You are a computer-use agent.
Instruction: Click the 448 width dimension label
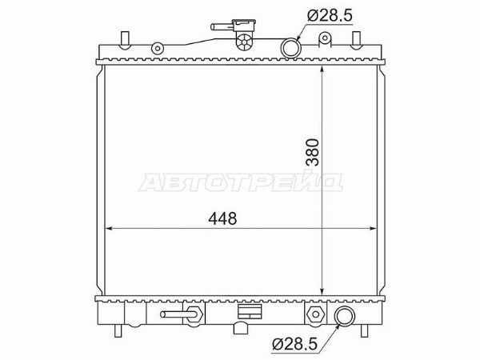pyautogui.click(x=222, y=218)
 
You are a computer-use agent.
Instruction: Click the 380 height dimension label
pyautogui.click(x=312, y=152)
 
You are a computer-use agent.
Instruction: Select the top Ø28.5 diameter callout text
pyautogui.click(x=330, y=15)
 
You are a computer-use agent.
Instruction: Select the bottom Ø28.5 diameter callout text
pyautogui.click(x=295, y=344)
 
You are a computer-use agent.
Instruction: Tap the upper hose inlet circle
pyautogui.click(x=291, y=48)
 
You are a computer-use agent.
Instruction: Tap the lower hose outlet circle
pyautogui.click(x=345, y=316)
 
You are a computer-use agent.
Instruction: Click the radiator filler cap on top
pyautogui.click(x=245, y=34)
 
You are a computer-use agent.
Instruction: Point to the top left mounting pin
pyautogui.click(x=125, y=40)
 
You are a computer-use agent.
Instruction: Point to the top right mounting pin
pyautogui.click(x=356, y=40)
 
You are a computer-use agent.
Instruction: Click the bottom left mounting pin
pyautogui.click(x=118, y=330)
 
